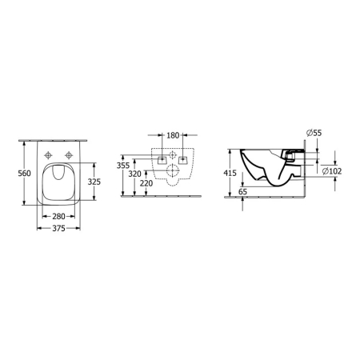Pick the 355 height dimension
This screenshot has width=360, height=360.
(x=122, y=166)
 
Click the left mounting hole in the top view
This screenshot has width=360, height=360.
(x=49, y=154)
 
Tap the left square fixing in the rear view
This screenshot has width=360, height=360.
(x=161, y=160)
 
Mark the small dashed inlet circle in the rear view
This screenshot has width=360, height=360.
(x=172, y=154)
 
